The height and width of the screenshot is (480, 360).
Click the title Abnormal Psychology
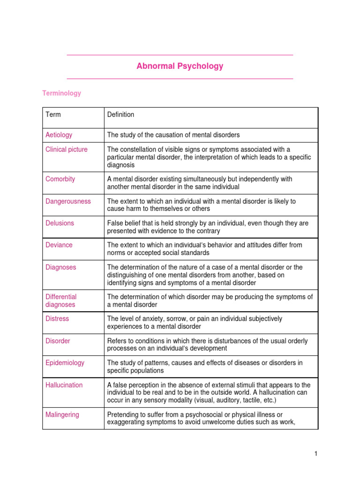180,66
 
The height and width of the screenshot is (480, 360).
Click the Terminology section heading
61,93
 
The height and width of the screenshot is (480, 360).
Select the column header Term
53,114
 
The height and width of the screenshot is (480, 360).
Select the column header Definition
120,114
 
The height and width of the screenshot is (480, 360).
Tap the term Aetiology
59,135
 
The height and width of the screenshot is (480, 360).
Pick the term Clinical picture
66,150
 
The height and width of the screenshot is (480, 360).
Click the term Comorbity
60,179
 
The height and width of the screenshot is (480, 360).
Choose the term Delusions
60,223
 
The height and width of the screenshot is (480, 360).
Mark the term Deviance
59,245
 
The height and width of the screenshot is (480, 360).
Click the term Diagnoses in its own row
60,267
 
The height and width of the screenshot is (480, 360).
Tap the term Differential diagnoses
61,300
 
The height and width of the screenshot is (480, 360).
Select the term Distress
57,319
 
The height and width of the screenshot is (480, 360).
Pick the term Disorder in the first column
58,341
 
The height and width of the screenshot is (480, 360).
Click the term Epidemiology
65,363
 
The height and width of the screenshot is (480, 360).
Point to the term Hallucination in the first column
64,385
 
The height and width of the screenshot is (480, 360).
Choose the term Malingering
62,415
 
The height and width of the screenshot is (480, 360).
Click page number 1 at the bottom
316,454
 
